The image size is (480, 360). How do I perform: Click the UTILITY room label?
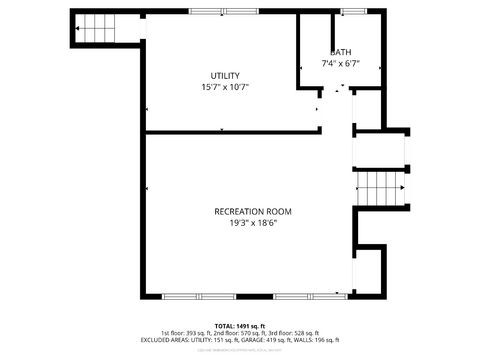tap(224, 76)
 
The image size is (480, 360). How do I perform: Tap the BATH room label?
tap(341, 53)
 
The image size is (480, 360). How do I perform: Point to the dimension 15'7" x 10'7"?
tap(224, 87)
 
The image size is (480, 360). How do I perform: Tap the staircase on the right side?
tap(380, 185)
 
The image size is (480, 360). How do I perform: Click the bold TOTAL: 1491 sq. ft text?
tap(239, 326)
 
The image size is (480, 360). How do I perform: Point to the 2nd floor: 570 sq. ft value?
tap(244, 333)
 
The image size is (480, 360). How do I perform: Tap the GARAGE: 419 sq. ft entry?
tap(271, 340)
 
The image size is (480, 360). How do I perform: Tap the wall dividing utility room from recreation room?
tap(230, 131)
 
